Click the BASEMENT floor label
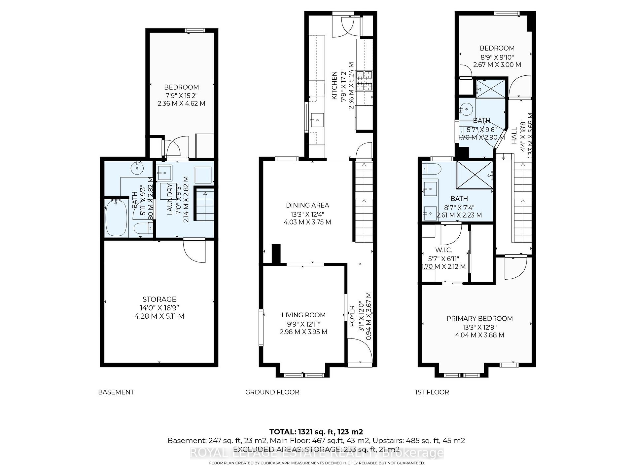point(116,392)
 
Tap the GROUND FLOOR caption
point(272,392)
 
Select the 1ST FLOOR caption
point(432,392)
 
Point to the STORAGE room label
point(159,299)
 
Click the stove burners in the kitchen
point(364,81)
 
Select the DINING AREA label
point(307,205)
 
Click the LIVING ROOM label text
point(303,315)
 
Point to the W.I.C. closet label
point(443,250)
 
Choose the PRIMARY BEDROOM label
point(479,318)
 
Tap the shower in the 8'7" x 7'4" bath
point(474,175)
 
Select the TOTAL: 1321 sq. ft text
point(316,432)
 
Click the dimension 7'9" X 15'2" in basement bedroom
point(181,95)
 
